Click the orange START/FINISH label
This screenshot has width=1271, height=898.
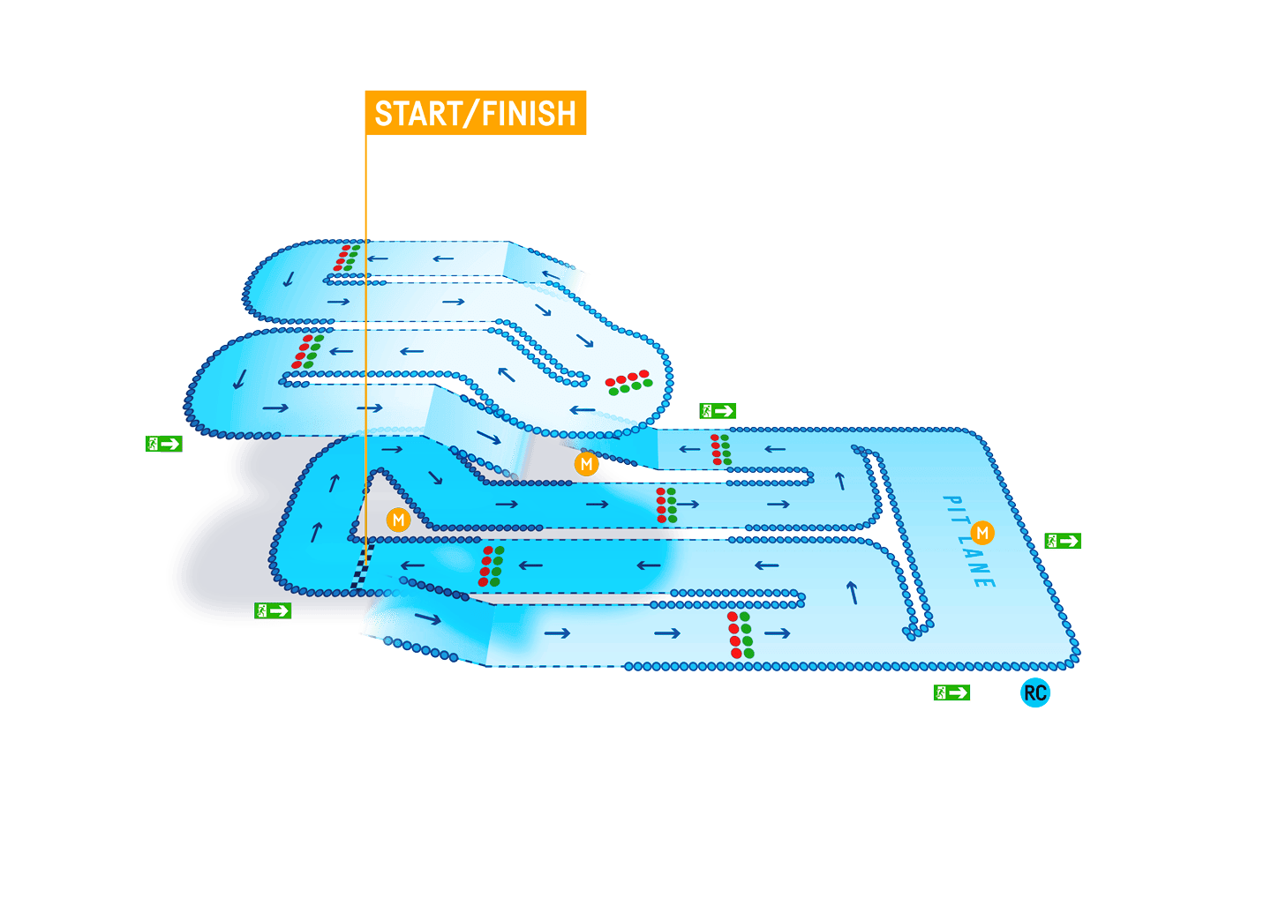(476, 113)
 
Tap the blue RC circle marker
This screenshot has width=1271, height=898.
(1035, 692)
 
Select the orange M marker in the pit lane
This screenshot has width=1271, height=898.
(981, 533)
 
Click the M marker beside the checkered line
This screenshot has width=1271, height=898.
(398, 520)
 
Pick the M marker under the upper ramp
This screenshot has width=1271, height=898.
(586, 464)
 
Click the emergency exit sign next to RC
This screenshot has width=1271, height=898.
(951, 692)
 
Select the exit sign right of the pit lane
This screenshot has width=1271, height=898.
(1063, 541)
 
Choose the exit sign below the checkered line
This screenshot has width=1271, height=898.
(273, 610)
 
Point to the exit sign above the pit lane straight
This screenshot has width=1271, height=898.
(718, 411)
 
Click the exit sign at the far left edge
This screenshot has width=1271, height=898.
(163, 444)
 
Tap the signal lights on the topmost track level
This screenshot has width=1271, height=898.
(346, 258)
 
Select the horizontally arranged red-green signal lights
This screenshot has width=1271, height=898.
(628, 382)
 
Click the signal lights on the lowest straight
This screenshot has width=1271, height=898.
(740, 634)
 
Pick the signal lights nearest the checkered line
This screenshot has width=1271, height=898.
(491, 565)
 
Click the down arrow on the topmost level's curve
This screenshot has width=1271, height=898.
(289, 280)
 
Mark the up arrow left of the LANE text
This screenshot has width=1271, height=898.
(853, 593)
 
